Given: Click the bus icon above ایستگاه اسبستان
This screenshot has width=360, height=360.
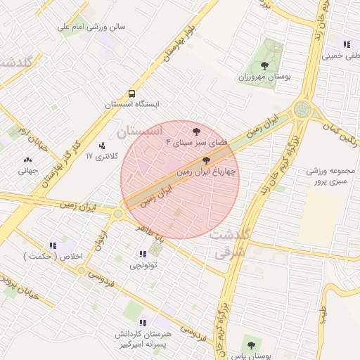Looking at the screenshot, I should pyautogui.click(x=131, y=94).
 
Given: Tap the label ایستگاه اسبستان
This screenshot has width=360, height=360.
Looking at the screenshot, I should pyautogui.click(x=132, y=104).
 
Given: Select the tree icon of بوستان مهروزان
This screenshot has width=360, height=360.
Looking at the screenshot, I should pyautogui.click(x=264, y=65).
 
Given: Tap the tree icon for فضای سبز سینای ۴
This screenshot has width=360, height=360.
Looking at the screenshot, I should pyautogui.click(x=196, y=131).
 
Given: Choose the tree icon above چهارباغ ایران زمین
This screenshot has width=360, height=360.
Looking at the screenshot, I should pyautogui.click(x=205, y=160).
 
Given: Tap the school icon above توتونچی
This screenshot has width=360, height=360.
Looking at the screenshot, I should pyautogui.click(x=143, y=255).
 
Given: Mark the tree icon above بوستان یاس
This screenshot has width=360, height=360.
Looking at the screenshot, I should pyautogui.click(x=251, y=345).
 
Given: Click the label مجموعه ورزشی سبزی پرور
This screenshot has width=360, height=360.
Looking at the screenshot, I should pyautogui.click(x=333, y=176).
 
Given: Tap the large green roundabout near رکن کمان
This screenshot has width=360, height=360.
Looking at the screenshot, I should pyautogui.click(x=303, y=109).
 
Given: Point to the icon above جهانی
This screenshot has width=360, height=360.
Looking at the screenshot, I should pyautogui.click(x=27, y=160).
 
